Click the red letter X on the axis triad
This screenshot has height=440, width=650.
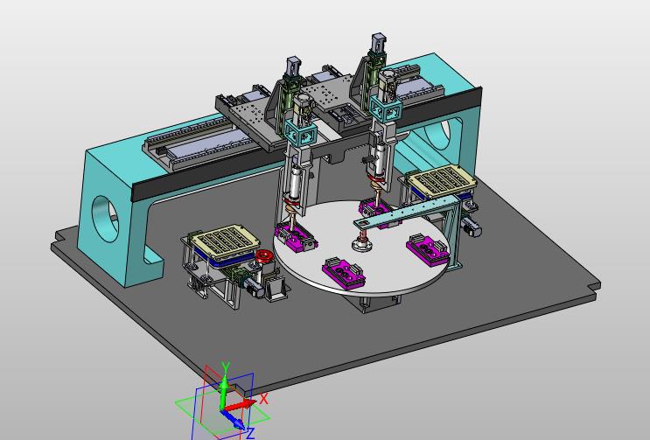(x=264, y=399)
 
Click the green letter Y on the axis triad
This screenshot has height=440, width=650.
(x=226, y=367)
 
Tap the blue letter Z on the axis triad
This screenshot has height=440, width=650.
(x=250, y=433)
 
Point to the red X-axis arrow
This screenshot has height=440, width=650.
(x=240, y=405)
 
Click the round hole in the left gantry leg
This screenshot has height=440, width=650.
(x=103, y=219)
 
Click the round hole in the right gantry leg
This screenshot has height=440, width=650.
(x=439, y=134)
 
